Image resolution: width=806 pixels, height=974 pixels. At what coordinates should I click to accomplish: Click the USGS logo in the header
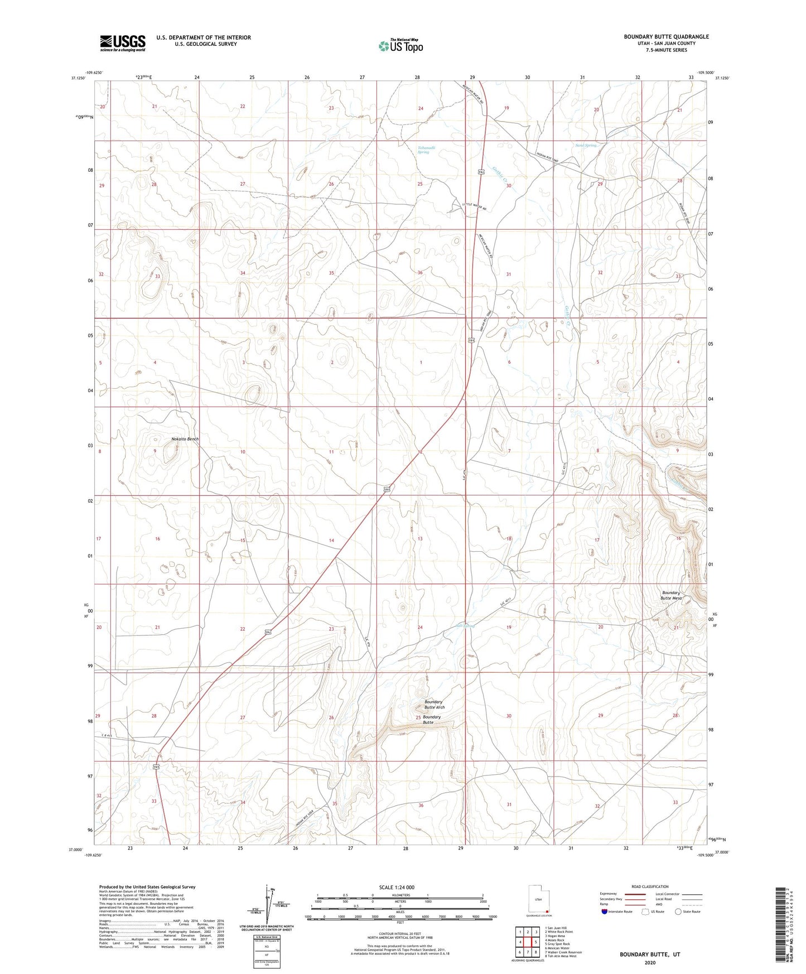(x=123, y=42)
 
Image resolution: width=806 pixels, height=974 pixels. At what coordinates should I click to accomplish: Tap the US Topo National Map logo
(x=400, y=45)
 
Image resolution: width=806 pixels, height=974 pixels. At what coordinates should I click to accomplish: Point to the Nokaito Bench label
(x=185, y=439)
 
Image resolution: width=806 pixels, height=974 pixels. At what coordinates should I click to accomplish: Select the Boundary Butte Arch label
(x=434, y=704)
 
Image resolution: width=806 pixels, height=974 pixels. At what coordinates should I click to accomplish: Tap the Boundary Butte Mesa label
(x=672, y=595)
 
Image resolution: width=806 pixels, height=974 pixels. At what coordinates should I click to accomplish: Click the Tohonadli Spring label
(x=426, y=150)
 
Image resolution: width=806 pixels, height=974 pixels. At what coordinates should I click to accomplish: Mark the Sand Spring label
(x=586, y=146)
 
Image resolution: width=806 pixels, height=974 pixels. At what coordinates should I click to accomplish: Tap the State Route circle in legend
(x=678, y=912)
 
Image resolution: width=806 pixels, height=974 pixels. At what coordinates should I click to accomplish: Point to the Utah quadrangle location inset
(x=538, y=899)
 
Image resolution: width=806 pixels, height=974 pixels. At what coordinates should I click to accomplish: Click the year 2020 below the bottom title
(x=650, y=962)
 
